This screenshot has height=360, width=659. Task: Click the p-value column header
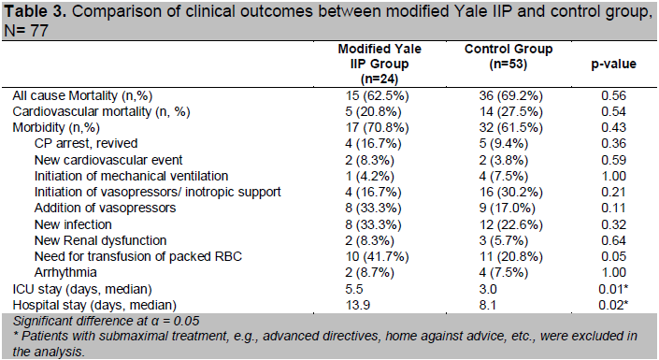(613, 64)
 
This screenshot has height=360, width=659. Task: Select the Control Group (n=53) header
(509, 56)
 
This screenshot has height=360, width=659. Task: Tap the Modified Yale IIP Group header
(380, 64)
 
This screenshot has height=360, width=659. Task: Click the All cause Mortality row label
(82, 96)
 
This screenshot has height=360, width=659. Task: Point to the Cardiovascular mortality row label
(101, 112)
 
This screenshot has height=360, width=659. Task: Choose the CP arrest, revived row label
(86, 143)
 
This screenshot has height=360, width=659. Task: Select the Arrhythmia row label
(65, 272)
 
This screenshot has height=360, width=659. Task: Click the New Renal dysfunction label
(100, 240)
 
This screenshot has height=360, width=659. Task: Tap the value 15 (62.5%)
(378, 96)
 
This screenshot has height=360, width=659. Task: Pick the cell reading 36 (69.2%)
(511, 96)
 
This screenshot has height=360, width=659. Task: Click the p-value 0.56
(613, 96)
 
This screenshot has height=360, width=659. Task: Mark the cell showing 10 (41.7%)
(378, 256)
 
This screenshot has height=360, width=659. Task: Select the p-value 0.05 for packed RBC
(613, 256)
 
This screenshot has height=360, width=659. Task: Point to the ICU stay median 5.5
(354, 289)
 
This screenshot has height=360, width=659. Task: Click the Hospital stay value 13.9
(358, 306)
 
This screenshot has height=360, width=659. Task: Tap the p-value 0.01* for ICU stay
(613, 289)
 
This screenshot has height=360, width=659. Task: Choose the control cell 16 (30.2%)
(511, 193)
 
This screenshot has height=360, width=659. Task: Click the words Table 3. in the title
(35, 11)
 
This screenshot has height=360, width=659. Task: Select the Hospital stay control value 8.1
(488, 306)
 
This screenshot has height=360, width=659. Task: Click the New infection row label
(73, 224)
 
